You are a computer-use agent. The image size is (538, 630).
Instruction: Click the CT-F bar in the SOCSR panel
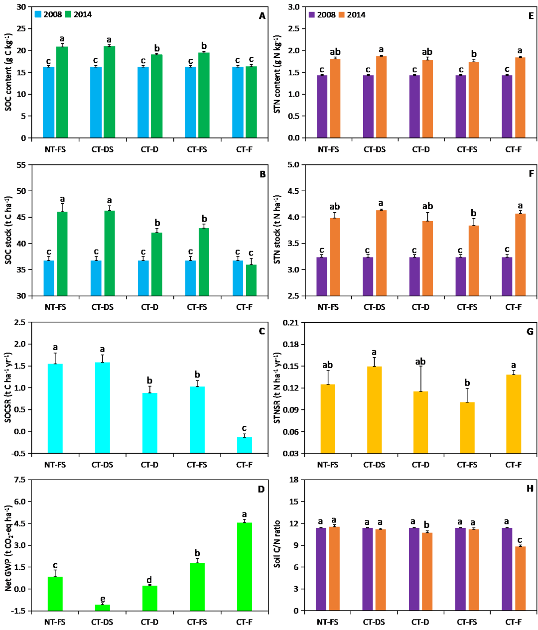244,445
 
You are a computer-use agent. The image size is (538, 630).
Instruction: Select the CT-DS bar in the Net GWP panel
102,607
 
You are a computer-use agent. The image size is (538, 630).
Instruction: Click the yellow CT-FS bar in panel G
467,427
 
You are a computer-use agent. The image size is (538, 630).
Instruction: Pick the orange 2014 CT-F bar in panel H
520,578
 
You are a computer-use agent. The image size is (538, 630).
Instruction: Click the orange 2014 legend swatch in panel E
342,15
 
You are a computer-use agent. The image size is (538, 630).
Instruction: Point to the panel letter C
262,331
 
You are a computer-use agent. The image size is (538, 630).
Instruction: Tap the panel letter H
530,489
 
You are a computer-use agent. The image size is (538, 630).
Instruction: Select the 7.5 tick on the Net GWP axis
20,480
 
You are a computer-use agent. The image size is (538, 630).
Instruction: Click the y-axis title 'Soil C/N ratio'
277,544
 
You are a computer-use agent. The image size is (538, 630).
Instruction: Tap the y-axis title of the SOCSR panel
8,387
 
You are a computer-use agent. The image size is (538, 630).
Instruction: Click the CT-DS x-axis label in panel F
374,307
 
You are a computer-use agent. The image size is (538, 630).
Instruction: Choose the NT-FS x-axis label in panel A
55,149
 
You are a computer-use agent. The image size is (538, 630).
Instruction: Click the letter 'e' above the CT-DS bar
103,599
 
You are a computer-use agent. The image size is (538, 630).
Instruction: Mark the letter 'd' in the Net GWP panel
149,580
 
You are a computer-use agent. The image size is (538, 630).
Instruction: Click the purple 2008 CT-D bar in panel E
414,106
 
